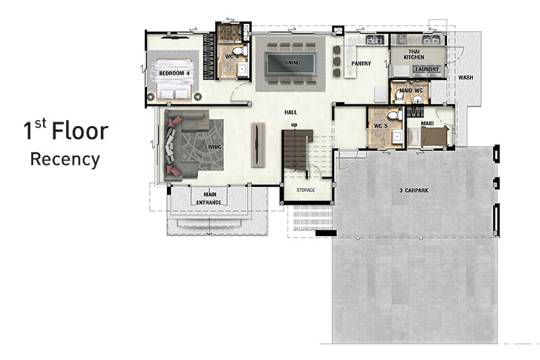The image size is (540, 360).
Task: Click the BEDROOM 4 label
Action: point(174,73)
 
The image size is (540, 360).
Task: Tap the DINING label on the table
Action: point(292,63)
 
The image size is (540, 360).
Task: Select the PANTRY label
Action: point(361,63)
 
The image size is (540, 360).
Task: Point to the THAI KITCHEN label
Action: point(414,55)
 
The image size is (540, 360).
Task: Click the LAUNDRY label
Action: point(427,69)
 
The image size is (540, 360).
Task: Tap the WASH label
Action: point(466,78)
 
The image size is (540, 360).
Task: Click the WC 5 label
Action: point(381,126)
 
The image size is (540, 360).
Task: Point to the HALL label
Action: point(291,112)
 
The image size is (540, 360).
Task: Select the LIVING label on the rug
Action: point(214,147)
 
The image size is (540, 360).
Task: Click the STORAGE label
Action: point(306,190)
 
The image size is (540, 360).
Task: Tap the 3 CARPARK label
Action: point(414,190)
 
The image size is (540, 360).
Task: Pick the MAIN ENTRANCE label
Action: point(209,199)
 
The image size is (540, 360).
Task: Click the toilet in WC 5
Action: point(395,114)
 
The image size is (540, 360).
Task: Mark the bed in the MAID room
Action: point(432,136)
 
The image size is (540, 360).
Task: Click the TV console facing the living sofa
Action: point(258,145)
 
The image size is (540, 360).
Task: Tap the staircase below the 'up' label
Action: point(295,150)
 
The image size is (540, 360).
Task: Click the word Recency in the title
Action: point(65,160)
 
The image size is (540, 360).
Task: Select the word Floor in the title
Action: point(80,131)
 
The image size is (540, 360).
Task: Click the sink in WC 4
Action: point(243,70)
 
